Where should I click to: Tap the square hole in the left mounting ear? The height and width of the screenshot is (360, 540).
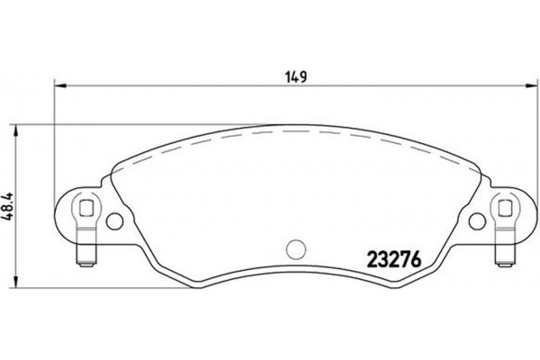[86, 210]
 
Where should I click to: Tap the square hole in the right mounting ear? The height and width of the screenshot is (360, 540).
[505, 210]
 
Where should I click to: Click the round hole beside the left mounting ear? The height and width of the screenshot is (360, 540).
[113, 220]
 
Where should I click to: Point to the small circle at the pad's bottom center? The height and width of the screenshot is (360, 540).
[296, 247]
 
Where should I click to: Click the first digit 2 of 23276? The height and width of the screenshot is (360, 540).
[371, 256]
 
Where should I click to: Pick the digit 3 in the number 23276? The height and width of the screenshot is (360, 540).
[382, 256]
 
